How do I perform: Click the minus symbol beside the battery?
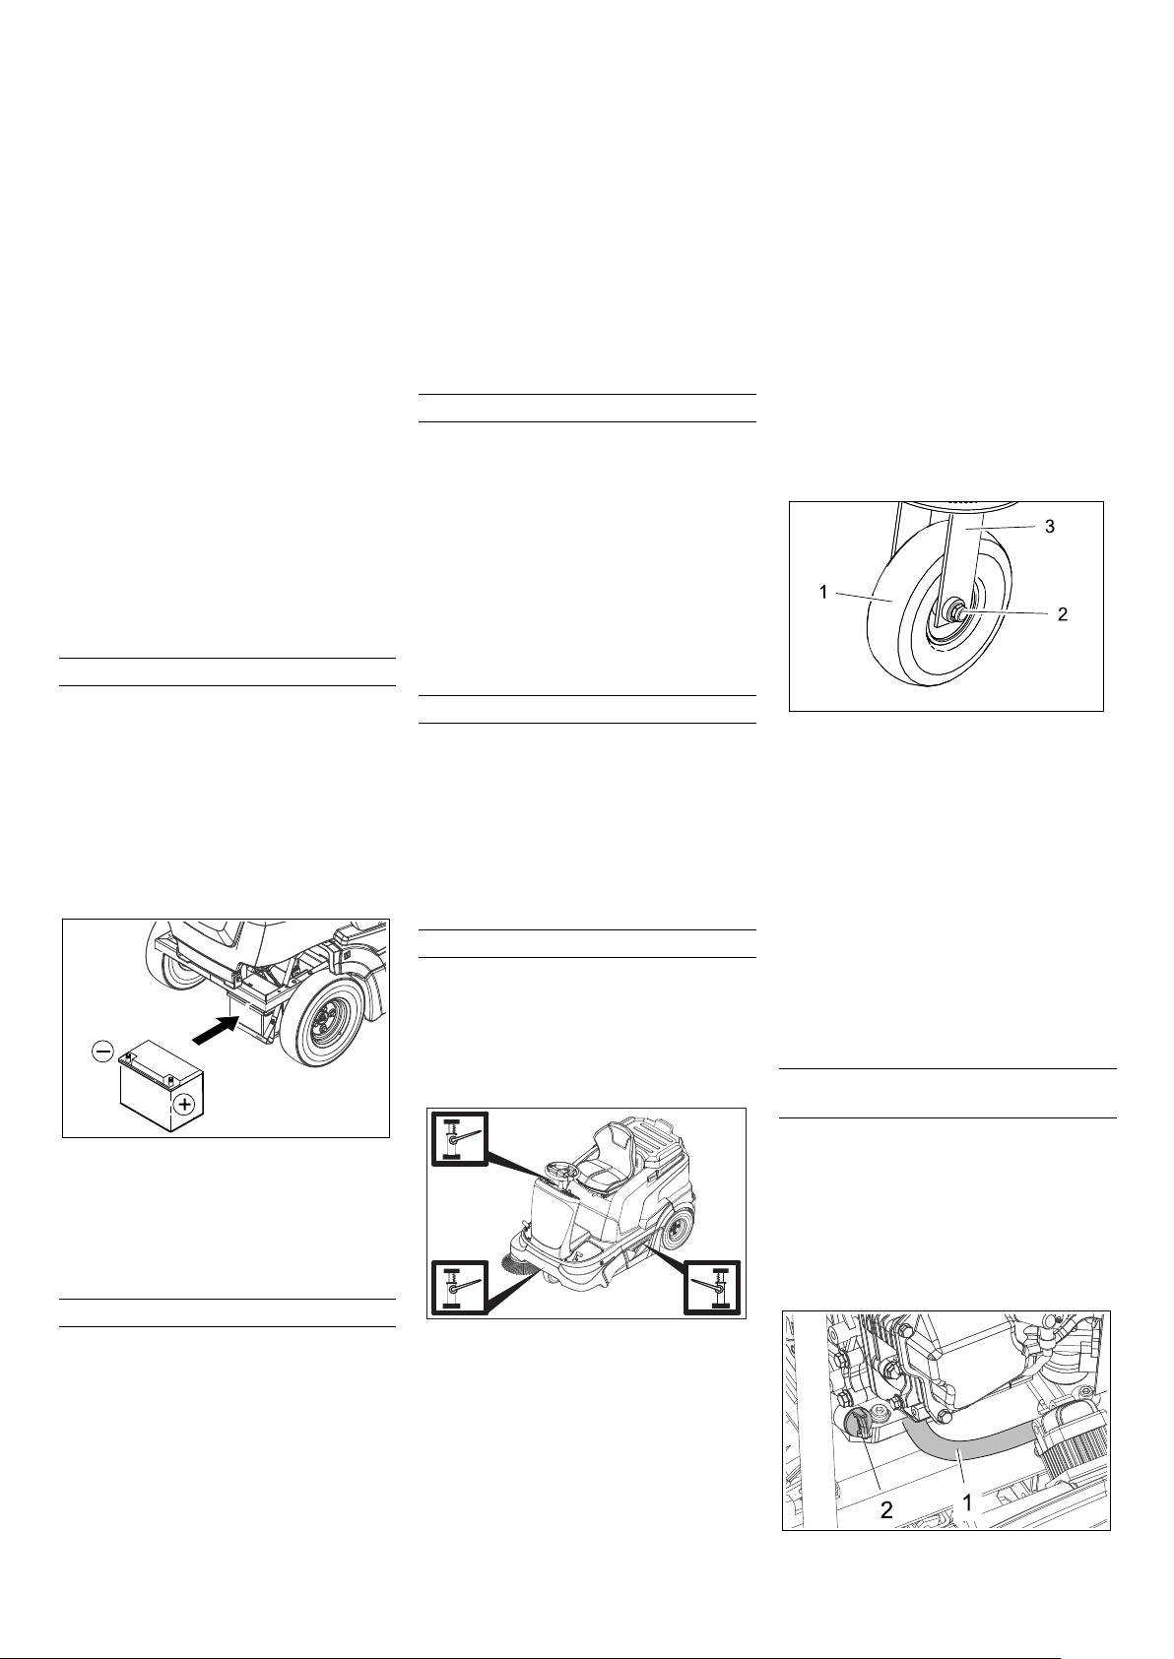pyautogui.click(x=102, y=1051)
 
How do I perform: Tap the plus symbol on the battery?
pyautogui.click(x=184, y=1105)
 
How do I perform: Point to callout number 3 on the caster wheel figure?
pyautogui.click(x=1049, y=527)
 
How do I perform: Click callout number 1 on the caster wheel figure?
pyautogui.click(x=823, y=592)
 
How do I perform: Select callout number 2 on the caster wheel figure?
pyautogui.click(x=1062, y=614)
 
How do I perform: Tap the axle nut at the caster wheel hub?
pyautogui.click(x=953, y=611)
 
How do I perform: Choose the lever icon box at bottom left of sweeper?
pyautogui.click(x=459, y=1288)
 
